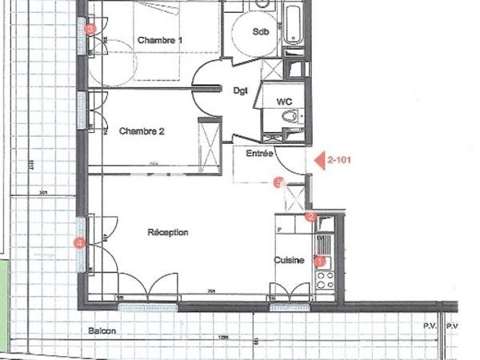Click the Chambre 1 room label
point(160,40)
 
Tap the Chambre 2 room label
point(142,131)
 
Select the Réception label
point(168,233)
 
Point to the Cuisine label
point(290,261)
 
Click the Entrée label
point(260,153)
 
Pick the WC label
point(282,102)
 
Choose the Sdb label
point(260,33)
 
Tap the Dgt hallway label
point(240,91)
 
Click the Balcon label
point(102,331)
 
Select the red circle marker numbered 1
point(318,260)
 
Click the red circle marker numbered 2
point(311,216)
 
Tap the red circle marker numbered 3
point(90,29)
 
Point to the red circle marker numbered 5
point(278,182)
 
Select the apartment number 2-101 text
point(340,159)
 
